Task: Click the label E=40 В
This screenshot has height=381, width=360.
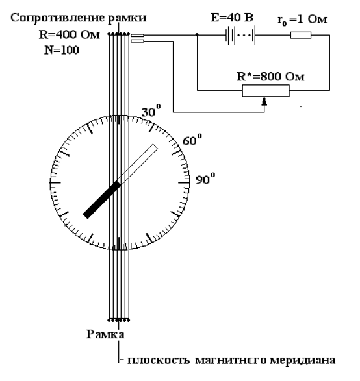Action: [232, 18]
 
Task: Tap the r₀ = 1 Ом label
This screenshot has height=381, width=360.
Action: [302, 19]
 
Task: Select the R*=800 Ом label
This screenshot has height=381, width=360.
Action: [270, 77]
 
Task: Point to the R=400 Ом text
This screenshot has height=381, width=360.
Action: [70, 35]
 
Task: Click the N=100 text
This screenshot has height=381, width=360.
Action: [62, 50]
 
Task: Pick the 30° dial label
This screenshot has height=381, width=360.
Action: [151, 111]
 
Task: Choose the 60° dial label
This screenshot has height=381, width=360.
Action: [192, 140]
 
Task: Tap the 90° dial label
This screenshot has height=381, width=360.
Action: [205, 179]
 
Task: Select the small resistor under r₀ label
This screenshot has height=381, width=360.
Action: [301, 35]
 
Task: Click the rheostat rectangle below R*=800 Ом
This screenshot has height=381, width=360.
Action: [266, 91]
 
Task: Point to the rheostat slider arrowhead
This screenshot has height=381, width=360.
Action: [264, 101]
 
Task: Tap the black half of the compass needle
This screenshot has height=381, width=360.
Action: [101, 200]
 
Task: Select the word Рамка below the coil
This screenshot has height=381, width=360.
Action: [105, 334]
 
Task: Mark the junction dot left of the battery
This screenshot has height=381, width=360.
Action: [197, 35]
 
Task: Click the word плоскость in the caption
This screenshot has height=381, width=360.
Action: [159, 360]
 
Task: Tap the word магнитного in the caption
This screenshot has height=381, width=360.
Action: [231, 360]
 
